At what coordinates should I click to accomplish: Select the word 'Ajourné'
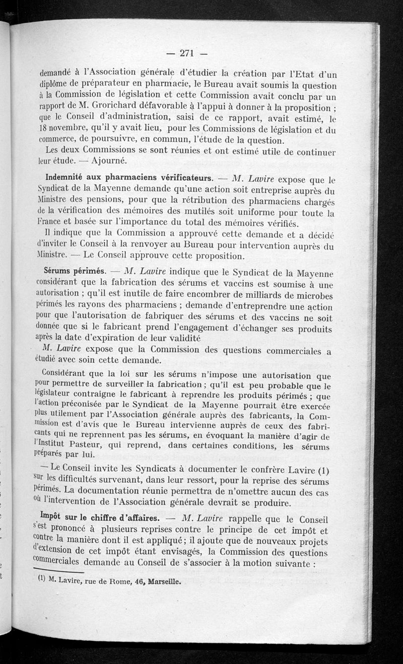[108, 161]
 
